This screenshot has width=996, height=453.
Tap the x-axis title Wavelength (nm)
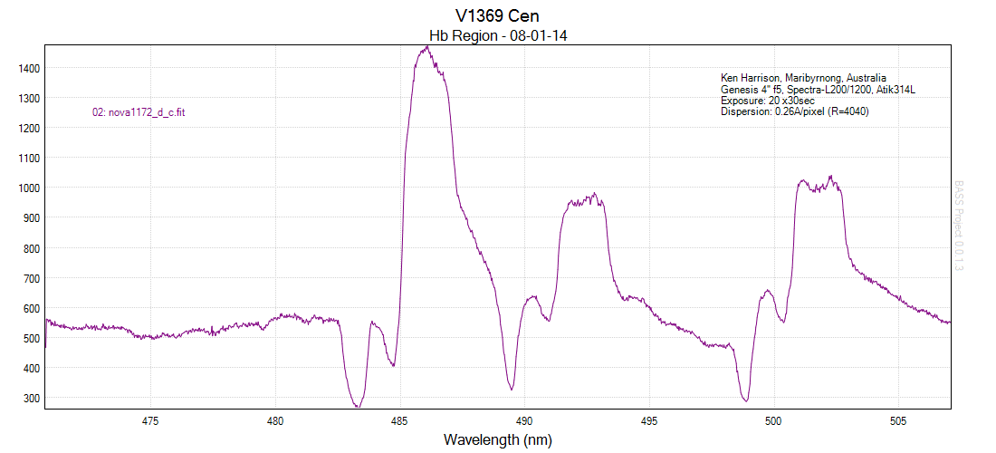tap(497, 439)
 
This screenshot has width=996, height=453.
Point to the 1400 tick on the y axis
tap(27, 68)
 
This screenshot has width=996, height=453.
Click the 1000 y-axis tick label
tap(27, 188)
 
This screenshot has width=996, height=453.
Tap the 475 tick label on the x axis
tap(150, 420)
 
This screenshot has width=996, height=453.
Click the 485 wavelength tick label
tap(399, 420)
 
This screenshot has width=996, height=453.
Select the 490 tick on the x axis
tap(523, 420)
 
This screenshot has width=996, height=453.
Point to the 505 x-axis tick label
tap(897, 420)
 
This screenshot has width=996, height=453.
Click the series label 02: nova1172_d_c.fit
tap(139, 112)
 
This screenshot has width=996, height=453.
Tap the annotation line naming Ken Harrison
tap(803, 78)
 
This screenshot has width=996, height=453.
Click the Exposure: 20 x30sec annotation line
tap(768, 101)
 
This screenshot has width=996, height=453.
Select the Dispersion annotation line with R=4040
tap(795, 112)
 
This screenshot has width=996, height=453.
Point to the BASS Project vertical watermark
tap(960, 226)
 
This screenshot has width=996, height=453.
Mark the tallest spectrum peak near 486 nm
tap(426, 48)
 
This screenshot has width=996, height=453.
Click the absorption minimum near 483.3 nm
tap(358, 405)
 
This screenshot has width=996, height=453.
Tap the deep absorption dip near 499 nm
tap(745, 400)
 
